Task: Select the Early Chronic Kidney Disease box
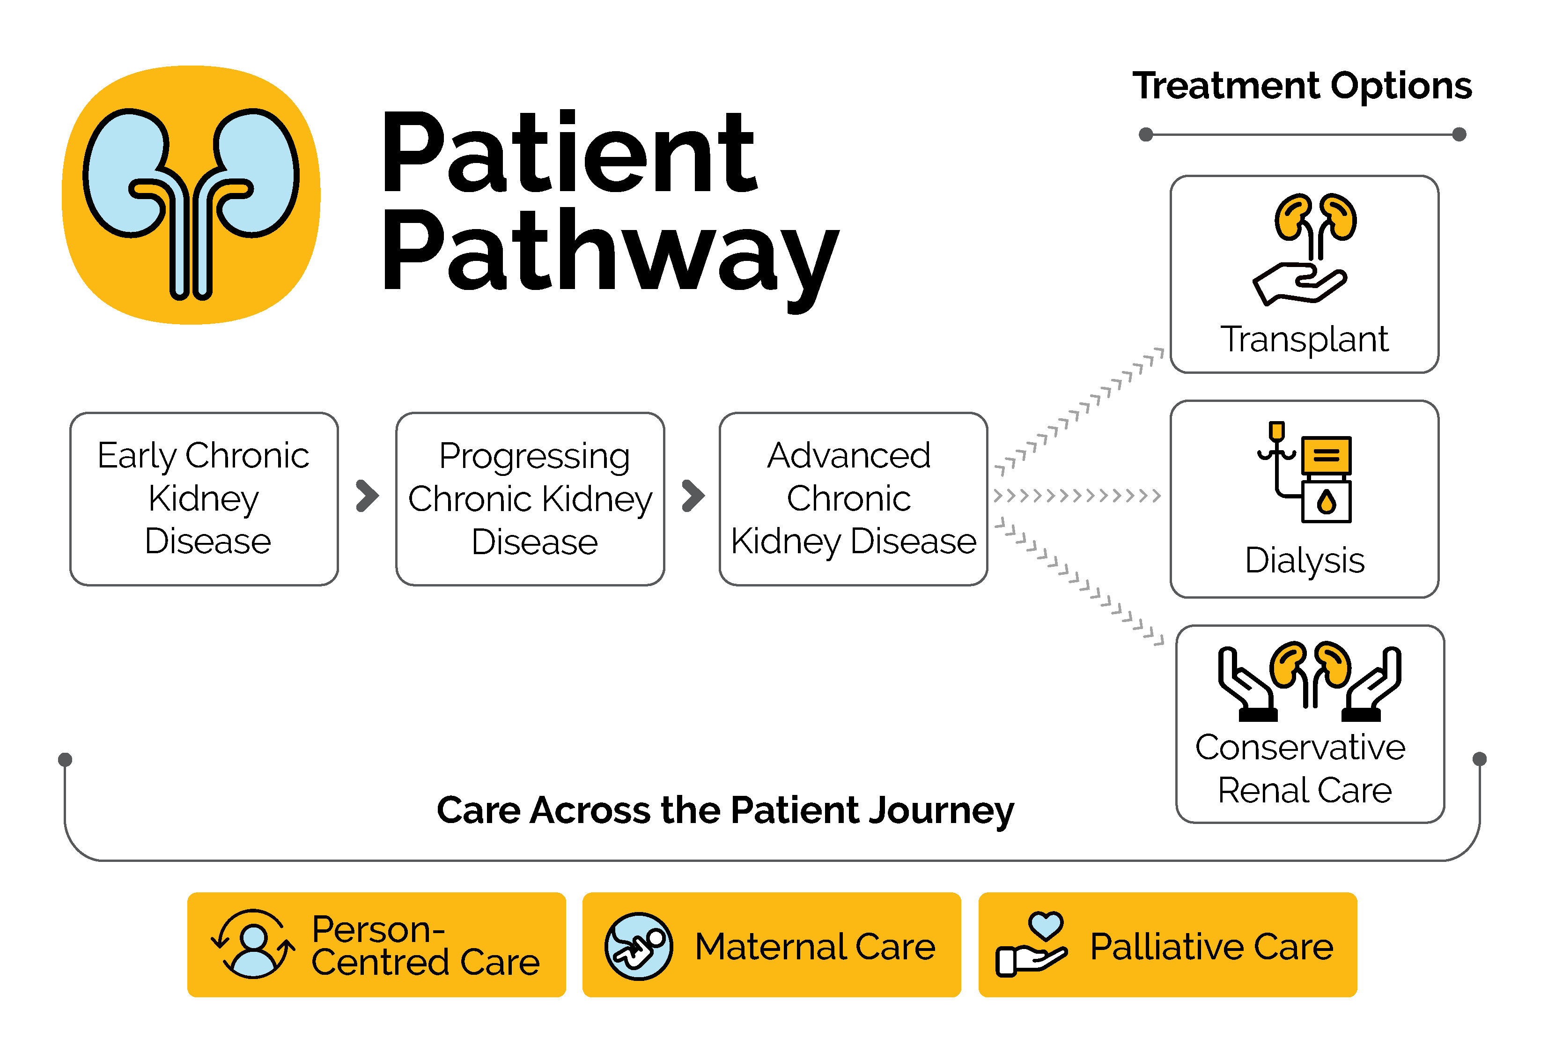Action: coord(204,498)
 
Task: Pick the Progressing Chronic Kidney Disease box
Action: coord(530,498)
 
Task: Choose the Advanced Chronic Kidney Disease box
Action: coord(853,498)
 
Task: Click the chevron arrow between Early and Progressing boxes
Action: coord(367,496)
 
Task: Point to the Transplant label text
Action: coord(1304,340)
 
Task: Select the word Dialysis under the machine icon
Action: coord(1304,560)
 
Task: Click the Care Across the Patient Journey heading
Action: coord(725,810)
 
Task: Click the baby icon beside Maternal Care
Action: coord(638,946)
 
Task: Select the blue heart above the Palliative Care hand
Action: coord(1045,925)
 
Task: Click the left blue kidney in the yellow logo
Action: coord(126,173)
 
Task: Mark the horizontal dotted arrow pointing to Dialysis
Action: coord(1076,496)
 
